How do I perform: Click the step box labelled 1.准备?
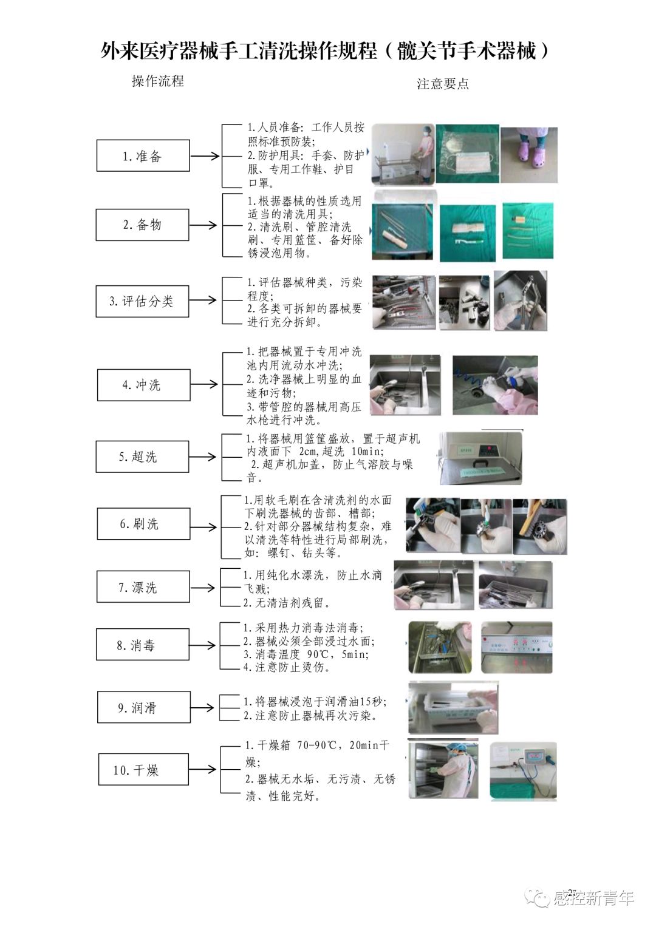(x=143, y=156)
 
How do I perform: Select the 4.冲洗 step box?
(x=143, y=385)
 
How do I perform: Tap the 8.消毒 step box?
(x=142, y=645)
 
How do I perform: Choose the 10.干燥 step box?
(x=143, y=770)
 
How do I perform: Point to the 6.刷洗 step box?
(x=143, y=524)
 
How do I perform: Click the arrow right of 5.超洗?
(x=203, y=457)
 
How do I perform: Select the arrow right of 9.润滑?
(x=203, y=707)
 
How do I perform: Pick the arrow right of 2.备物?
(x=203, y=225)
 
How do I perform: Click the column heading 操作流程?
(x=157, y=81)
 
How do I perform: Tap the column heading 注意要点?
(x=443, y=84)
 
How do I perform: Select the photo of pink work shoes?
(x=528, y=154)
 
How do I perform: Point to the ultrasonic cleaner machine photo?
(x=480, y=458)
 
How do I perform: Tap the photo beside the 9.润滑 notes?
(x=453, y=708)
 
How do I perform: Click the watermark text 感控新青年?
(x=593, y=897)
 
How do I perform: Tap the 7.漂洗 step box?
(x=143, y=587)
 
